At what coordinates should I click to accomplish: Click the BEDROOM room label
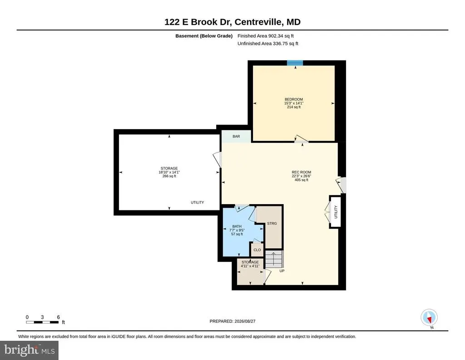pyautogui.click(x=294, y=99)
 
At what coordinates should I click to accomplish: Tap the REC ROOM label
pyautogui.click(x=302, y=172)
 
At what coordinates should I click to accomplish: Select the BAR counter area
pyautogui.click(x=236, y=136)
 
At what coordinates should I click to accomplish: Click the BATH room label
pyautogui.click(x=237, y=226)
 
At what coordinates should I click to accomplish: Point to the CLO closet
pyautogui.click(x=257, y=250)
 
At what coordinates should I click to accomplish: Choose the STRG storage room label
pyautogui.click(x=272, y=224)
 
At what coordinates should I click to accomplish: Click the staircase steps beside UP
pyautogui.click(x=274, y=259)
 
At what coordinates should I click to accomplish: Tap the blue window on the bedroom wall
pyautogui.click(x=295, y=63)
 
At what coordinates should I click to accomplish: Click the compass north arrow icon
pyautogui.click(x=429, y=318)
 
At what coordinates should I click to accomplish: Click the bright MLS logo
pyautogui.click(x=29, y=350)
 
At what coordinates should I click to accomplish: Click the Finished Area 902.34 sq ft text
pyautogui.click(x=265, y=36)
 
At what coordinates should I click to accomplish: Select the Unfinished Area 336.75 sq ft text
pyautogui.click(x=268, y=44)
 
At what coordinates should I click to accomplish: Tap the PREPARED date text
pyautogui.click(x=232, y=321)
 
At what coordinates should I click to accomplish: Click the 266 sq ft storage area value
pyautogui.click(x=169, y=176)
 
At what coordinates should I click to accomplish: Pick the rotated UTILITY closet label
pyautogui.click(x=336, y=212)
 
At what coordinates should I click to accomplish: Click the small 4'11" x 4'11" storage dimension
pyautogui.click(x=250, y=266)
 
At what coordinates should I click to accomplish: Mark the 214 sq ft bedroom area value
pyautogui.click(x=294, y=107)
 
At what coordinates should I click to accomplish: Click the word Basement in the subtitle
pyautogui.click(x=187, y=36)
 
